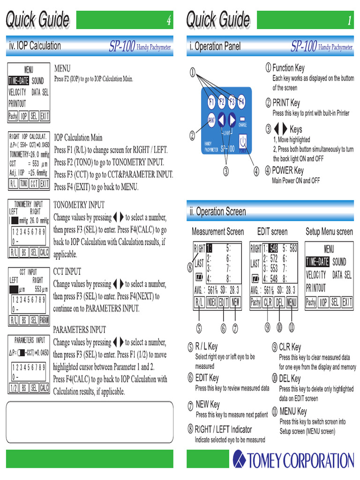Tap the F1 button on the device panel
[x=211, y=101]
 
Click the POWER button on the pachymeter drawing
[x=243, y=142]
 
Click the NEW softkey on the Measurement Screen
[x=235, y=302]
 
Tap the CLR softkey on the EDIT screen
[x=268, y=302]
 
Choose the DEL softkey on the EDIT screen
[x=280, y=302]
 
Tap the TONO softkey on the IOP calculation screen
[x=23, y=184]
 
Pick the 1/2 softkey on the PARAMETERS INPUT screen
[x=13, y=388]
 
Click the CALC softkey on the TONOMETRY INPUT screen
[x=44, y=252]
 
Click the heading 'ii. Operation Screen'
[x=217, y=211]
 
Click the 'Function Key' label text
[x=288, y=68]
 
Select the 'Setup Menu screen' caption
[x=329, y=232]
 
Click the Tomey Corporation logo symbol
[x=240, y=459]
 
